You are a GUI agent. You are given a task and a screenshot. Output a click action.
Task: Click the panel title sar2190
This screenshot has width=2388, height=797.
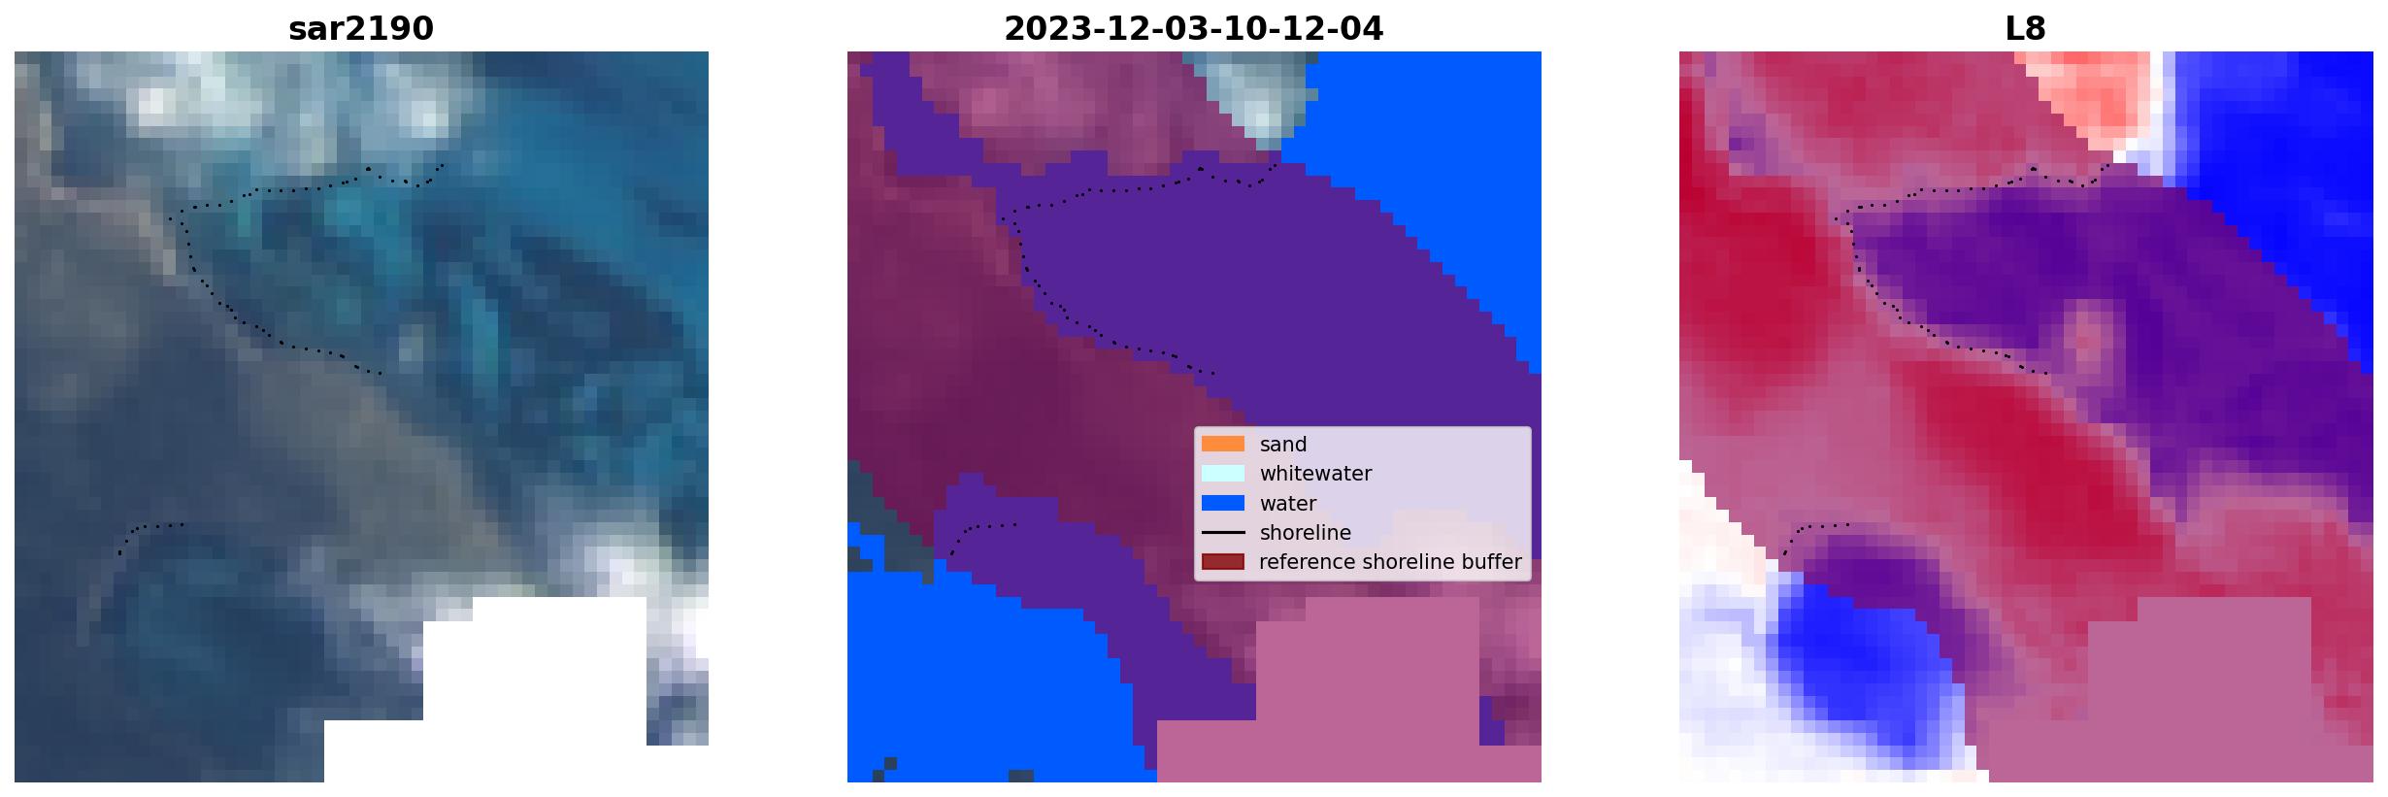360,29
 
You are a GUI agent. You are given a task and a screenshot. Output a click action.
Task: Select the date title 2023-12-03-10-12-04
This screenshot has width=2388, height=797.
1193,29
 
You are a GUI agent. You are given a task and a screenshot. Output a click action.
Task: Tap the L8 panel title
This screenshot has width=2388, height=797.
2025,29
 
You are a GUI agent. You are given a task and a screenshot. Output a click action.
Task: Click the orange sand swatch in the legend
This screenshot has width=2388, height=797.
1223,444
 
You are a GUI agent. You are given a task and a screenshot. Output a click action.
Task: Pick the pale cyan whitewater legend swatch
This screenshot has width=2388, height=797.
1223,474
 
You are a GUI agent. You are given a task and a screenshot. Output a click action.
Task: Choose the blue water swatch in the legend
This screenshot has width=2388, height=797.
1223,503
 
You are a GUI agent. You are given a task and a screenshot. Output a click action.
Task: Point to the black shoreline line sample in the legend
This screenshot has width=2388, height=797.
1223,532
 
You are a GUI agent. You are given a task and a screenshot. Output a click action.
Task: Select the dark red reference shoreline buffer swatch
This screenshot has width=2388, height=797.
1223,562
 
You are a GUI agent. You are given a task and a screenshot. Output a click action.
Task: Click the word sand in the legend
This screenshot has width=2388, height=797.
1283,445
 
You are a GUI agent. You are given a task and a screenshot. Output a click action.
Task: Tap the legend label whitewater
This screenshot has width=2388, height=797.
1315,474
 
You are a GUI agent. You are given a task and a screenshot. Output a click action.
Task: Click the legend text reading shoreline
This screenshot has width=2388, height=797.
1306,533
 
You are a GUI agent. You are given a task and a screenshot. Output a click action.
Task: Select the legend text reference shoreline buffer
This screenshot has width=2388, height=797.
1390,562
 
